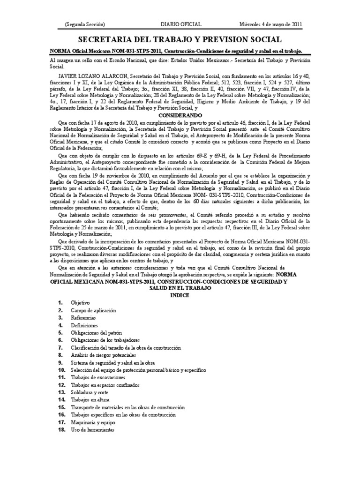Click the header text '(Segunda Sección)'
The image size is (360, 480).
tap(84, 24)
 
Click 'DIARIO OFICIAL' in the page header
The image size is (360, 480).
tap(181, 24)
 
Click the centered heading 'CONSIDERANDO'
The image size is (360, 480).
tap(180, 115)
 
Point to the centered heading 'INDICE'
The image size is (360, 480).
tap(180, 296)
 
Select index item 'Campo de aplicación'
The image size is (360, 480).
tap(93, 310)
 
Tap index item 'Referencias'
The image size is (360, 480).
tap(83, 318)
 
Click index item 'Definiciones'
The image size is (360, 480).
tap(84, 325)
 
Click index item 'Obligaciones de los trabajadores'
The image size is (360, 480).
tap(105, 340)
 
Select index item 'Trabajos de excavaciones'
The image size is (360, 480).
tap(98, 377)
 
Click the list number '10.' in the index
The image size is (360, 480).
tap(61, 370)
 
